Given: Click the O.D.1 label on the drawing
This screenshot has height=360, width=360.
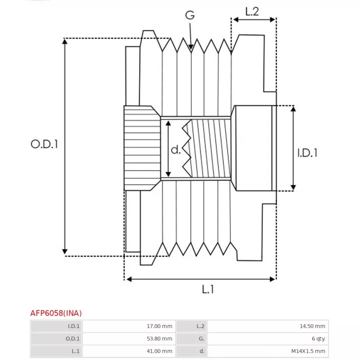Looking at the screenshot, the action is point(44,144).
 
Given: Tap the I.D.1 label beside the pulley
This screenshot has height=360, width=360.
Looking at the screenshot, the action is point(307,153).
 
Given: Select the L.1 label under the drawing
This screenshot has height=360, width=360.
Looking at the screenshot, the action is point(208,289).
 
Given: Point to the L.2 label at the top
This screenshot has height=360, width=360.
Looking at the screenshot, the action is point(252,12).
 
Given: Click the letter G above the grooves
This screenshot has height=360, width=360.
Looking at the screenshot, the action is point(190,15).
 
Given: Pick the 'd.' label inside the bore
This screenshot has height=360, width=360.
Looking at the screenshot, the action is point(175,150).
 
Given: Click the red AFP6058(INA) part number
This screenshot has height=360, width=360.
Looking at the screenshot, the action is point(56,313).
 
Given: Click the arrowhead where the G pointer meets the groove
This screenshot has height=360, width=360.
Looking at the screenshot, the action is point(191,47).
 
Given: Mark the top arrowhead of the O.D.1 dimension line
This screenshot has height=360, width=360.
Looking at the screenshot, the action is point(65,41).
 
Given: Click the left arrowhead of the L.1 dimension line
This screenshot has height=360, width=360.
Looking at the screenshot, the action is point(129,279).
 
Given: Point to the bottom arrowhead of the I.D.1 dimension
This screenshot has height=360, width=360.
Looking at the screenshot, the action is point(293,187).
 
